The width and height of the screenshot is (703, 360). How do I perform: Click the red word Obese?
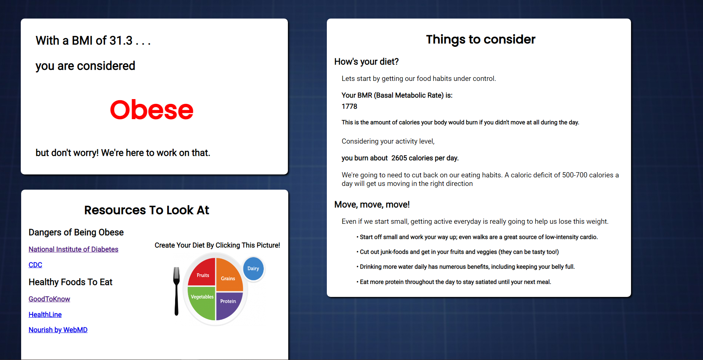(x=151, y=110)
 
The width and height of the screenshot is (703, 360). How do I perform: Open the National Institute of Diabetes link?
(x=73, y=249)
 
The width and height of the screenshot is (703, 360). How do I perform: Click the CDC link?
(x=35, y=265)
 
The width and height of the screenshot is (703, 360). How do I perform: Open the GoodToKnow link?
(x=49, y=299)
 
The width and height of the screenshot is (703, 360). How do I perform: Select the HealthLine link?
(x=45, y=315)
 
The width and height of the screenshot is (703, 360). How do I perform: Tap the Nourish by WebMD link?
(x=58, y=330)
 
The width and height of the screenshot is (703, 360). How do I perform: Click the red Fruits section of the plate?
(x=202, y=273)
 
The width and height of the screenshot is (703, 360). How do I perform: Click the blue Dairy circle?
(x=253, y=269)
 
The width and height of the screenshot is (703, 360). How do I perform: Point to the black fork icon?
(x=177, y=291)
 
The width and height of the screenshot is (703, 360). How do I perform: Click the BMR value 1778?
(x=349, y=107)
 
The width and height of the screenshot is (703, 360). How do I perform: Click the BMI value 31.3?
(x=121, y=40)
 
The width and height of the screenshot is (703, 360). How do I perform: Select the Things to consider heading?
(x=480, y=39)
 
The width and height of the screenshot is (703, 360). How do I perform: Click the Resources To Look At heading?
(x=147, y=210)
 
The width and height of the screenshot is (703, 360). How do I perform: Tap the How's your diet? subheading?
(x=367, y=62)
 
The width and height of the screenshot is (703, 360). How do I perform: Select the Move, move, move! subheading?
(x=372, y=204)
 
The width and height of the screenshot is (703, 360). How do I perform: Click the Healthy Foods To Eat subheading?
(x=70, y=282)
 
